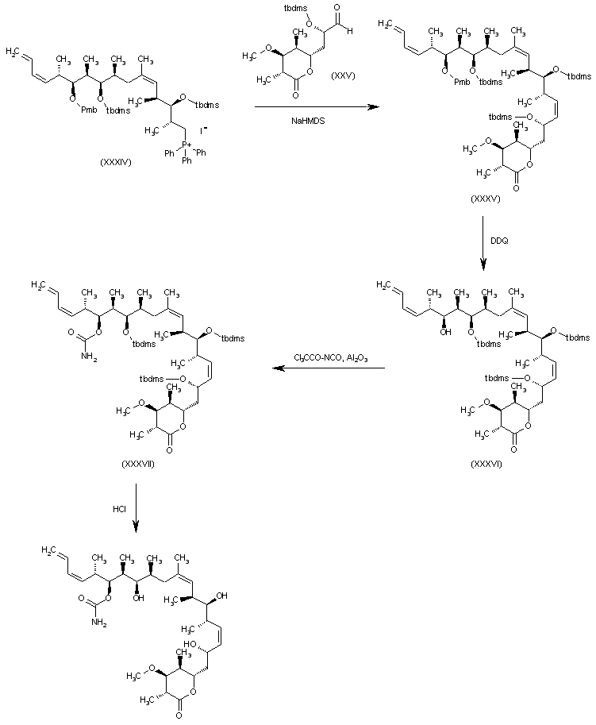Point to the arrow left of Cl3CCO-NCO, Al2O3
[329, 368]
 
